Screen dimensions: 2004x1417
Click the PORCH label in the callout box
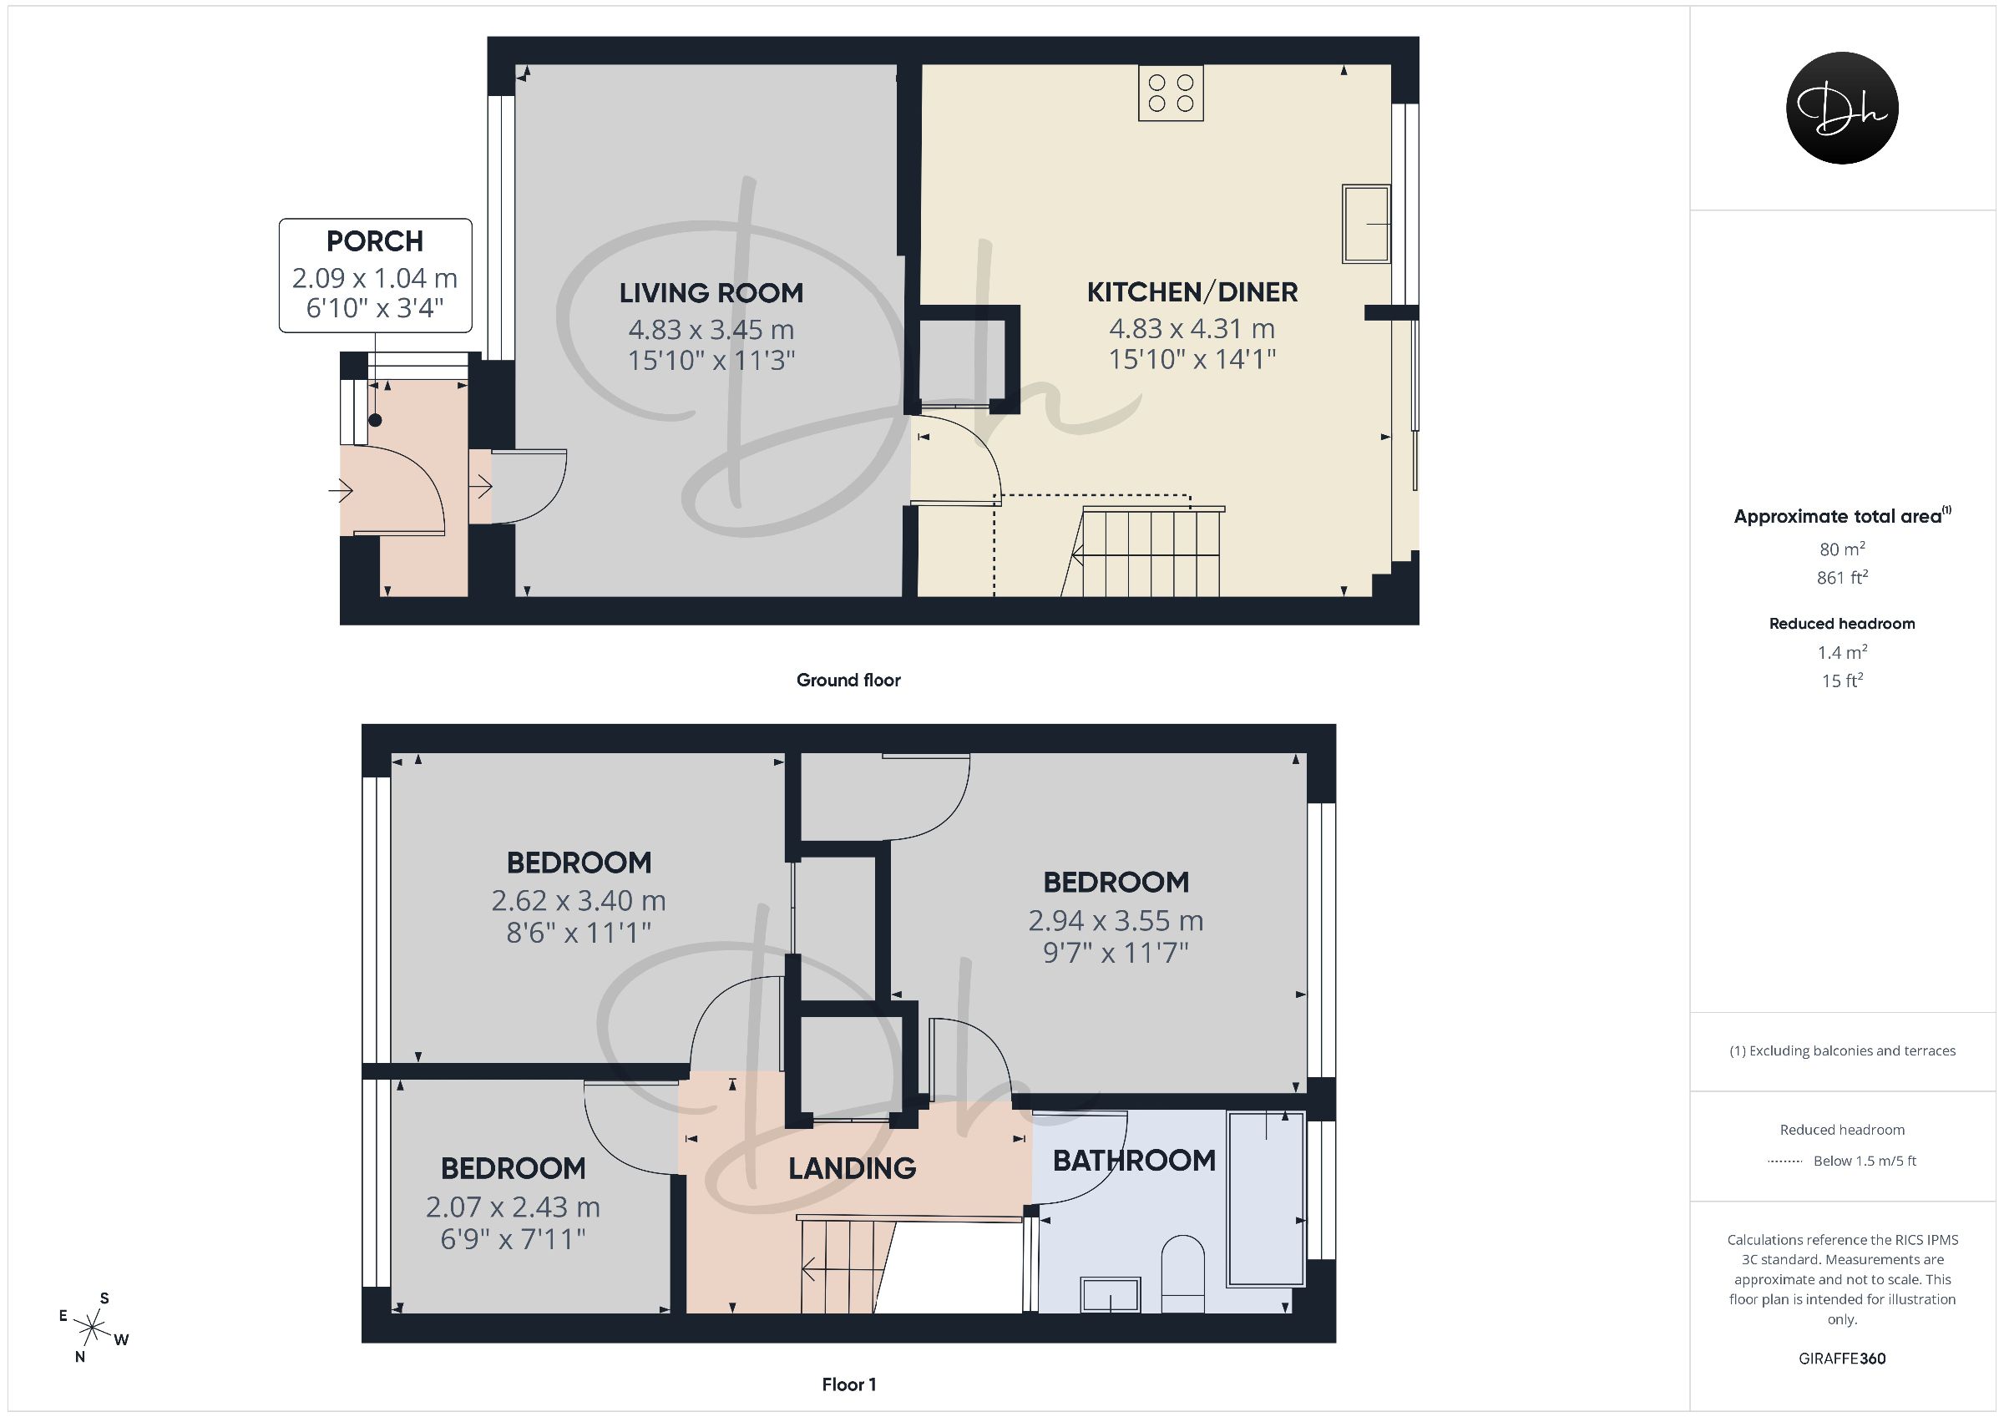pos(375,241)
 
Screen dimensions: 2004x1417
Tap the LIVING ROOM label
pos(711,293)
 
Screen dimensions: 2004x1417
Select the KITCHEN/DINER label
pos(1192,291)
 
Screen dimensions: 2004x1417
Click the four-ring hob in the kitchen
pos(1172,94)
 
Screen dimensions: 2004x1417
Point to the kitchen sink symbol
pos(1366,224)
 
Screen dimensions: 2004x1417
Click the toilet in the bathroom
pos(1182,1273)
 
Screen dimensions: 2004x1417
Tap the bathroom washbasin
pos(1111,1295)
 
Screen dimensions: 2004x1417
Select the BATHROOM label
pos(1134,1161)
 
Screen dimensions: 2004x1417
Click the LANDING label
pos(852,1168)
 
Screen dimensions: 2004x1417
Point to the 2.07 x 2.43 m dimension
pos(514,1207)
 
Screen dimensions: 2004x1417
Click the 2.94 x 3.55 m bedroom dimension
pos(1116,920)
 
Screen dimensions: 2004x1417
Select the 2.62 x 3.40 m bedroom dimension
pos(579,900)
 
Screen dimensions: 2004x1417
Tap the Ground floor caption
pos(848,681)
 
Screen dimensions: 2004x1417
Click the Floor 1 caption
pos(849,1384)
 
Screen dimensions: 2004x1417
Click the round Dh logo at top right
pos(1843,109)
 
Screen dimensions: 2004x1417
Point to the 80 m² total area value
pos(1843,549)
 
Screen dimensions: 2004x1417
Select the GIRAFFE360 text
pos(1843,1359)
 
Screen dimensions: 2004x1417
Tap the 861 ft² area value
pos(1843,577)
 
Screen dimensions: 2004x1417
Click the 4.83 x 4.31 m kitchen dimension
pos(1192,329)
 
